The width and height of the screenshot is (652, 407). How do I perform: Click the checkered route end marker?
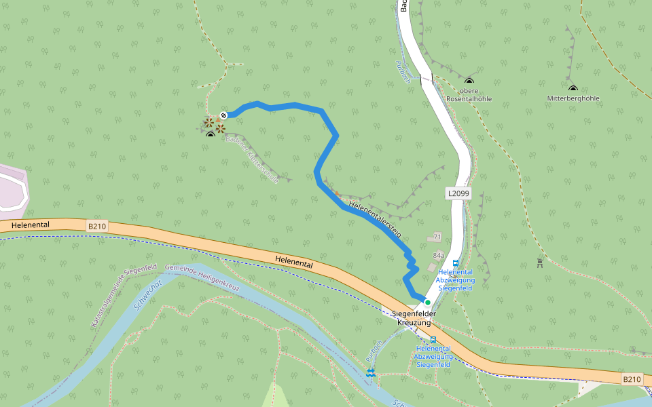pos(223,115)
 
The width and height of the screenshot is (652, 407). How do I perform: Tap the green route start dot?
pos(428,303)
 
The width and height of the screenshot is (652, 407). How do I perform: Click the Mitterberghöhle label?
pos(573,98)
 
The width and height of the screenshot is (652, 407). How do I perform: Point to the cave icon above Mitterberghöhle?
pos(573,88)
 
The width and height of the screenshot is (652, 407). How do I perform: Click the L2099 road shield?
pos(458,194)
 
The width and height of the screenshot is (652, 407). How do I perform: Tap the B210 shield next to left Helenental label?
pos(97,225)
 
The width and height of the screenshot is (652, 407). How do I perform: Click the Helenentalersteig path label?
pos(375,218)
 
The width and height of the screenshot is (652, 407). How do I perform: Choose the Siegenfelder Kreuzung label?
pos(414,318)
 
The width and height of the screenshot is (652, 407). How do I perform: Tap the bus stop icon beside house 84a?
pos(455,263)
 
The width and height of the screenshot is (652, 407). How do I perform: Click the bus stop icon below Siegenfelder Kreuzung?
pos(433,339)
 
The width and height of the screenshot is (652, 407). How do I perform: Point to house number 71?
pos(437,237)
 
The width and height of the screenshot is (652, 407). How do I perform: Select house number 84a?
pos(439,255)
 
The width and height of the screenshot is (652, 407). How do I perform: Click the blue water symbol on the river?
pos(370,372)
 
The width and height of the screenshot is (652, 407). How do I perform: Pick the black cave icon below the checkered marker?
pos(211,134)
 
